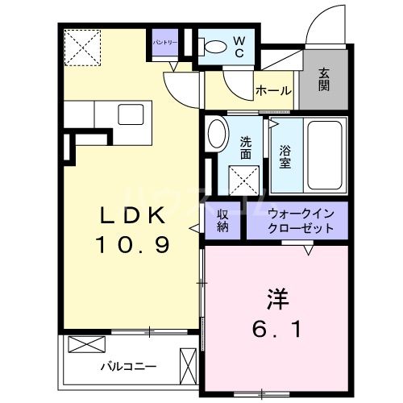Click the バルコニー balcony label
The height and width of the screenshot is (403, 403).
coord(128,365)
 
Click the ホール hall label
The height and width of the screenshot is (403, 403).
coord(273,91)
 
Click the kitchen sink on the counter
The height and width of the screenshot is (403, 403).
coord(131,114)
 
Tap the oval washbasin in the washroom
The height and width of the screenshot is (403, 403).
coord(215,135)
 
